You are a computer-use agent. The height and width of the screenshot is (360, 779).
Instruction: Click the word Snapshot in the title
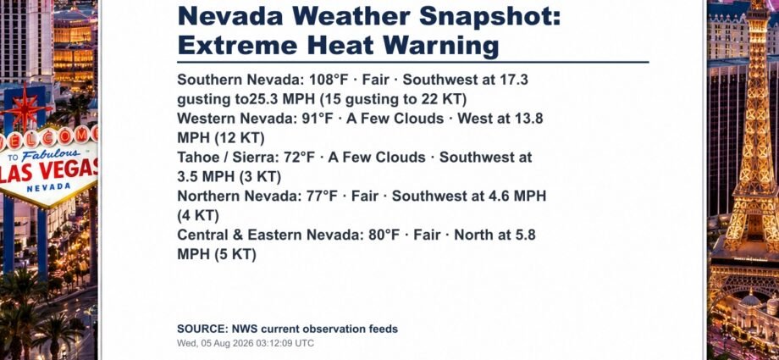489,15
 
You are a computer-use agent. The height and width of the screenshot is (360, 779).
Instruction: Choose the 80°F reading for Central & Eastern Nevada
384,235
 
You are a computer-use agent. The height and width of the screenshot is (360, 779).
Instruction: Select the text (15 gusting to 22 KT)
394,99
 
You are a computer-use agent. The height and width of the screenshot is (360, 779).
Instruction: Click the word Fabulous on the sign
50,154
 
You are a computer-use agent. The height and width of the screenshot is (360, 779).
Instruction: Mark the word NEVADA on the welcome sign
49,187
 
